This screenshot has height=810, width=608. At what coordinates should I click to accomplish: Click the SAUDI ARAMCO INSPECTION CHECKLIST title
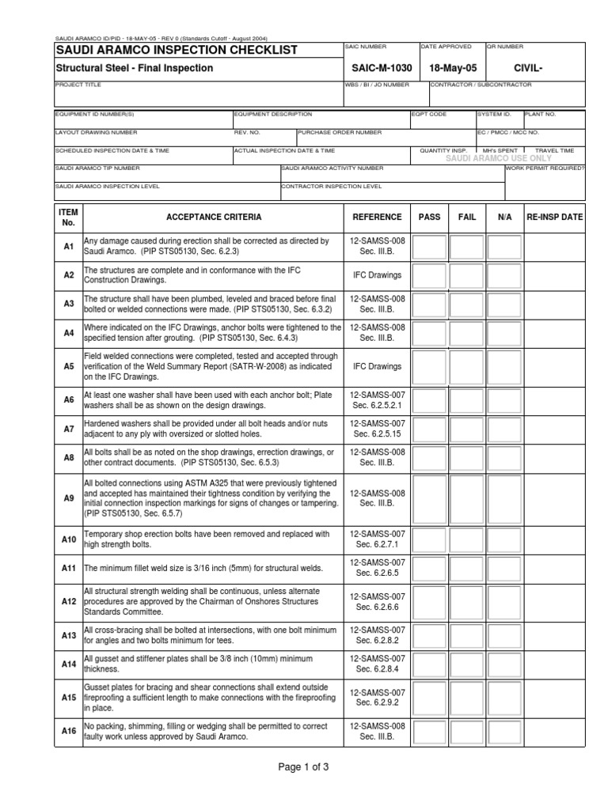point(176,51)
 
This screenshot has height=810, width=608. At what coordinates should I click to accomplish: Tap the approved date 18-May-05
point(450,69)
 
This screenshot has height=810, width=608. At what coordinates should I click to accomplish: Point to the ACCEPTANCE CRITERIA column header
point(214,217)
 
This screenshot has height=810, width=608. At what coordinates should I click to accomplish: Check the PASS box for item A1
point(429,248)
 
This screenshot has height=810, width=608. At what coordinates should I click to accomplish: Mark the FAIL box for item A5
point(467,367)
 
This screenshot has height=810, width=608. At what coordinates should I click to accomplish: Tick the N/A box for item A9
point(504,498)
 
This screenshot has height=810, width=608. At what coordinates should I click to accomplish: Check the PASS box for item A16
point(429,732)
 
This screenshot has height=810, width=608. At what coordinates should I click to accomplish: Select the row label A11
point(68,568)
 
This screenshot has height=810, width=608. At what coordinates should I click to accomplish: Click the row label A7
point(68,430)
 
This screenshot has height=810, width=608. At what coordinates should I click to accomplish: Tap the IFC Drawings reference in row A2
point(377,275)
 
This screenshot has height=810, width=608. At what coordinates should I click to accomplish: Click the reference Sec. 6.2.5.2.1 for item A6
point(377,405)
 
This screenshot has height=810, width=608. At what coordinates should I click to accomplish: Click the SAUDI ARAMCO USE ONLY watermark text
point(499,159)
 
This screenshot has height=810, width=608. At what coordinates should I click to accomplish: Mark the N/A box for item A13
point(504,635)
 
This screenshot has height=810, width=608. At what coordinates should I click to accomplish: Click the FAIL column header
point(467,217)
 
